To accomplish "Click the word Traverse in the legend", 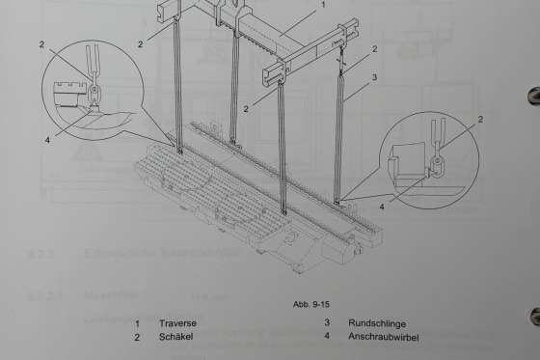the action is pos(177,323).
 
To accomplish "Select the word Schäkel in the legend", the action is pos(175,337).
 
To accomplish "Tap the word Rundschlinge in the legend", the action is pos(377,323).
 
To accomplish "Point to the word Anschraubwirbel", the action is pos(384,337).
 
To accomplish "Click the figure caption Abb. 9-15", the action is pos(311,304).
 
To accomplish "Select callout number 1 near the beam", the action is pos(323,5).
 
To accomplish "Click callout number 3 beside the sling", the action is pos(375,77).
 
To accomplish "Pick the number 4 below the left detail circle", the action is pos(47,140).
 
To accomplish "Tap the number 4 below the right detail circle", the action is pos(382,207).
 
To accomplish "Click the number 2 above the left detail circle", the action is pos(41,44).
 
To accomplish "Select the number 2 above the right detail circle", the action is pos(480,120).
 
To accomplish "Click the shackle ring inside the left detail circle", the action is pos(94,92).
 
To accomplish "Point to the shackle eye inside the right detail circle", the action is pos(437,160).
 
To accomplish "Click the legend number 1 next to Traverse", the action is pos(137,323).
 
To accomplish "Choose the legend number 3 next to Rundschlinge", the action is pos(327,322).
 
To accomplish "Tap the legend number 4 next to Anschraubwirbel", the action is pos(327,335).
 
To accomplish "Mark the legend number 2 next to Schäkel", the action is pos(137,337).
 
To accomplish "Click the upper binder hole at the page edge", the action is pos(534,96).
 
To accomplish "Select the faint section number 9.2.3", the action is pos(40,255).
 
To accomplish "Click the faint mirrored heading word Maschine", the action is pos(110,295).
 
